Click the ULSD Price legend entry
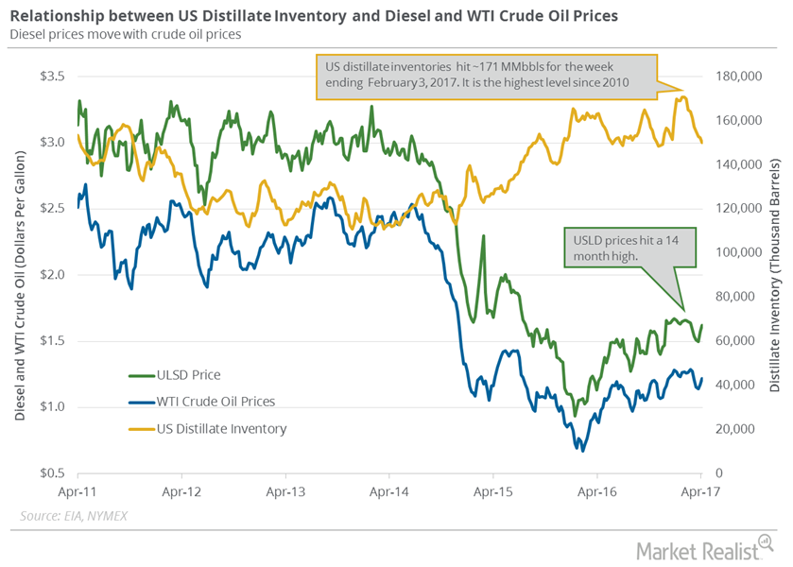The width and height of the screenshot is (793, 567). [x=175, y=375]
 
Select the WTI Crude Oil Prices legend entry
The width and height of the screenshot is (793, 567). [x=201, y=402]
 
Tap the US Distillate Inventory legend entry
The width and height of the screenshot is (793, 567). [x=207, y=429]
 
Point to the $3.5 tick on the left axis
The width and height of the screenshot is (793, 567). [x=53, y=77]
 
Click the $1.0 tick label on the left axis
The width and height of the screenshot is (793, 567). [x=53, y=406]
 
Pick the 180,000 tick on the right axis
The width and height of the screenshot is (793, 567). [x=738, y=77]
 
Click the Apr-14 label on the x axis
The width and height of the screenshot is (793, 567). [x=388, y=491]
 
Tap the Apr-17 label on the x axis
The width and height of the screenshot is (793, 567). [x=700, y=491]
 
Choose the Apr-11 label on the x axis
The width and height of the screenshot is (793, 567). [x=78, y=491]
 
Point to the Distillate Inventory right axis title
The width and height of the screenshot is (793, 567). [x=775, y=275]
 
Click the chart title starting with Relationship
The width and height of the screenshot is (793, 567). [x=314, y=16]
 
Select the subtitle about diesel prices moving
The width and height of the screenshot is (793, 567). [x=126, y=34]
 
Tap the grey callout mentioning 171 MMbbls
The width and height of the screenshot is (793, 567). [x=487, y=77]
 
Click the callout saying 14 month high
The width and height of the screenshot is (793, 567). [x=629, y=248]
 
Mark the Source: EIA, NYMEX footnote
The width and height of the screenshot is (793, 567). [x=74, y=516]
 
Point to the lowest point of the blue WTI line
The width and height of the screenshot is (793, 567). [x=582, y=451]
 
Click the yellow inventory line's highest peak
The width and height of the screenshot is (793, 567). [x=683, y=96]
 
